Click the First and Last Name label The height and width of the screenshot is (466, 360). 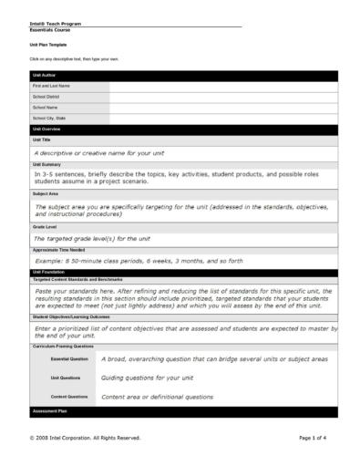51,86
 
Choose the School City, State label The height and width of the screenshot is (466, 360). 49,118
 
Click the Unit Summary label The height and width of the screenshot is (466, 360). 46,164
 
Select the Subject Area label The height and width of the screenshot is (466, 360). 46,193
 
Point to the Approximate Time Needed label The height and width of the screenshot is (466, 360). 58,249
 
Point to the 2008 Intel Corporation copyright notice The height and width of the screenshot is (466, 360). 86,438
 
